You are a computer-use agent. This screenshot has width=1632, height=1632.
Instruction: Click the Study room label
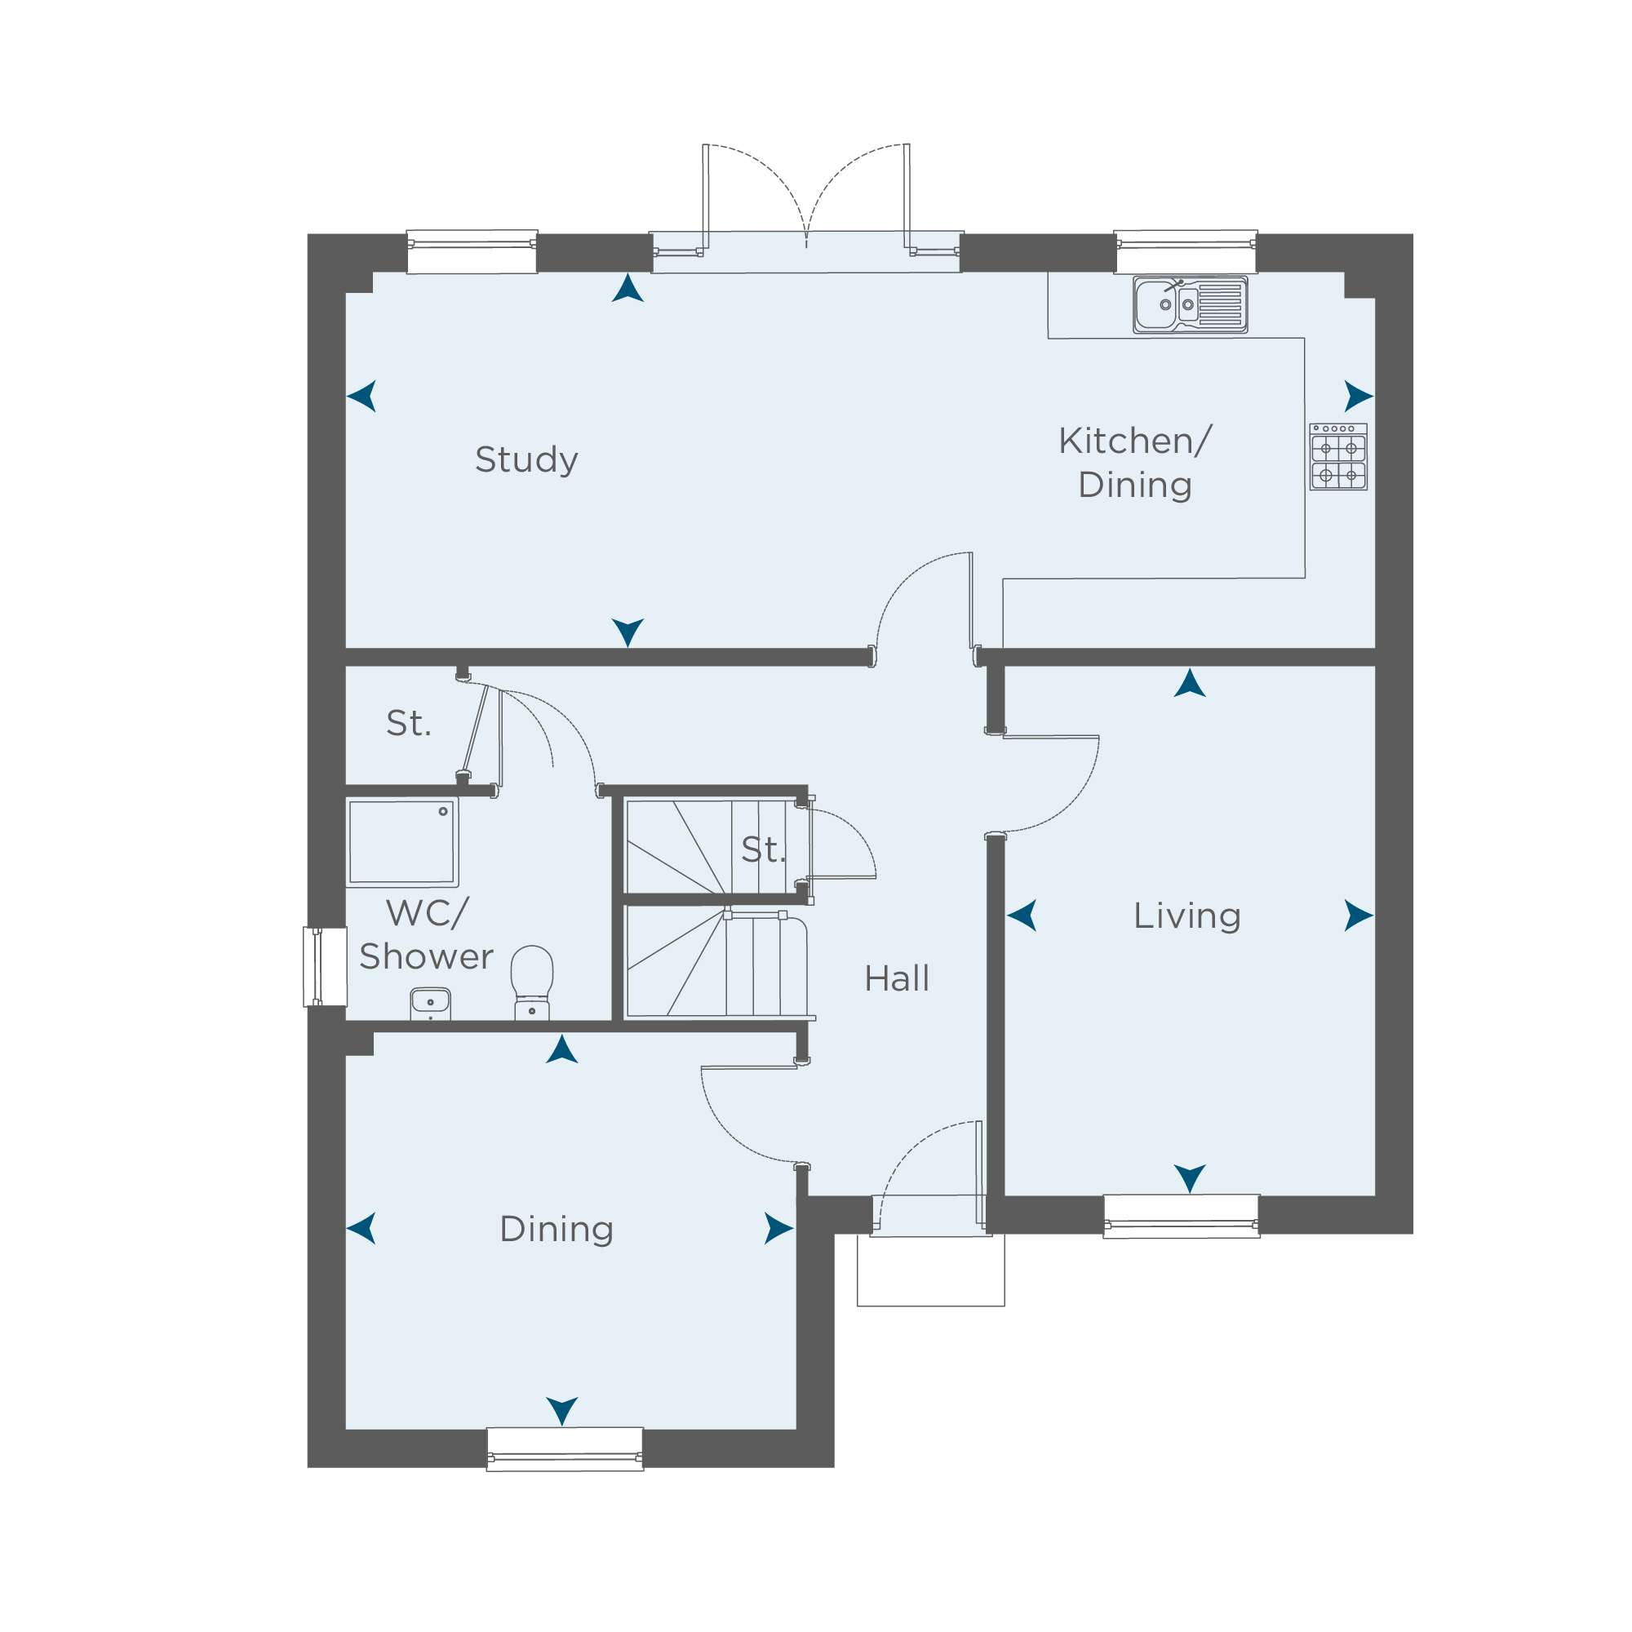[x=526, y=460]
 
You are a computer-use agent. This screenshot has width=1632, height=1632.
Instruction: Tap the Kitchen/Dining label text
[x=1134, y=463]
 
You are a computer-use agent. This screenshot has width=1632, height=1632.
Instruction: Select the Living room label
[x=1186, y=916]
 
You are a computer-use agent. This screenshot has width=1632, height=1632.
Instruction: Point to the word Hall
[x=896, y=978]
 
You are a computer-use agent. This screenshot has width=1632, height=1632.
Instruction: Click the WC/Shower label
[x=427, y=934]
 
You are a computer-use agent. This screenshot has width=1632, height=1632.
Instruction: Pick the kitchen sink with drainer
[x=1191, y=304]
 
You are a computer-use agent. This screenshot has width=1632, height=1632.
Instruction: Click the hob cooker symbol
[x=1338, y=457]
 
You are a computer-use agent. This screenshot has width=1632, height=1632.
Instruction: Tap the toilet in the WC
[x=531, y=982]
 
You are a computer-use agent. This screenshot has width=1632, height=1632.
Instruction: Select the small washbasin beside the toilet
[x=430, y=1004]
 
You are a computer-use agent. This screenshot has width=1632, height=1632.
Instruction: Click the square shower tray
[x=402, y=842]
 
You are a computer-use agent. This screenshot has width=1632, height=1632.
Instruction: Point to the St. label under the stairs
[x=763, y=849]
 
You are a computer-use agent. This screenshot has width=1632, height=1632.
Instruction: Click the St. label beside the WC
[x=409, y=723]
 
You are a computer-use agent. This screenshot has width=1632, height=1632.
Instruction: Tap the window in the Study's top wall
[x=472, y=251]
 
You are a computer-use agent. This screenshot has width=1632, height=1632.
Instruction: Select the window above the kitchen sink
[x=1186, y=251]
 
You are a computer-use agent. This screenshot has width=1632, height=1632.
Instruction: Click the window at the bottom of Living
[x=1182, y=1217]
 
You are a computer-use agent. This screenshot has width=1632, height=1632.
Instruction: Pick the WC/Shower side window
[x=326, y=967]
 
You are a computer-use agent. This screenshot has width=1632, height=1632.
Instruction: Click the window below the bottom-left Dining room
[x=565, y=1448]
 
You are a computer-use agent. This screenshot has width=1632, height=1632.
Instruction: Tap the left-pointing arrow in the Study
[x=361, y=397]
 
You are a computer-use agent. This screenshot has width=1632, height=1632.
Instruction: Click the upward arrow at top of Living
[x=1191, y=683]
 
